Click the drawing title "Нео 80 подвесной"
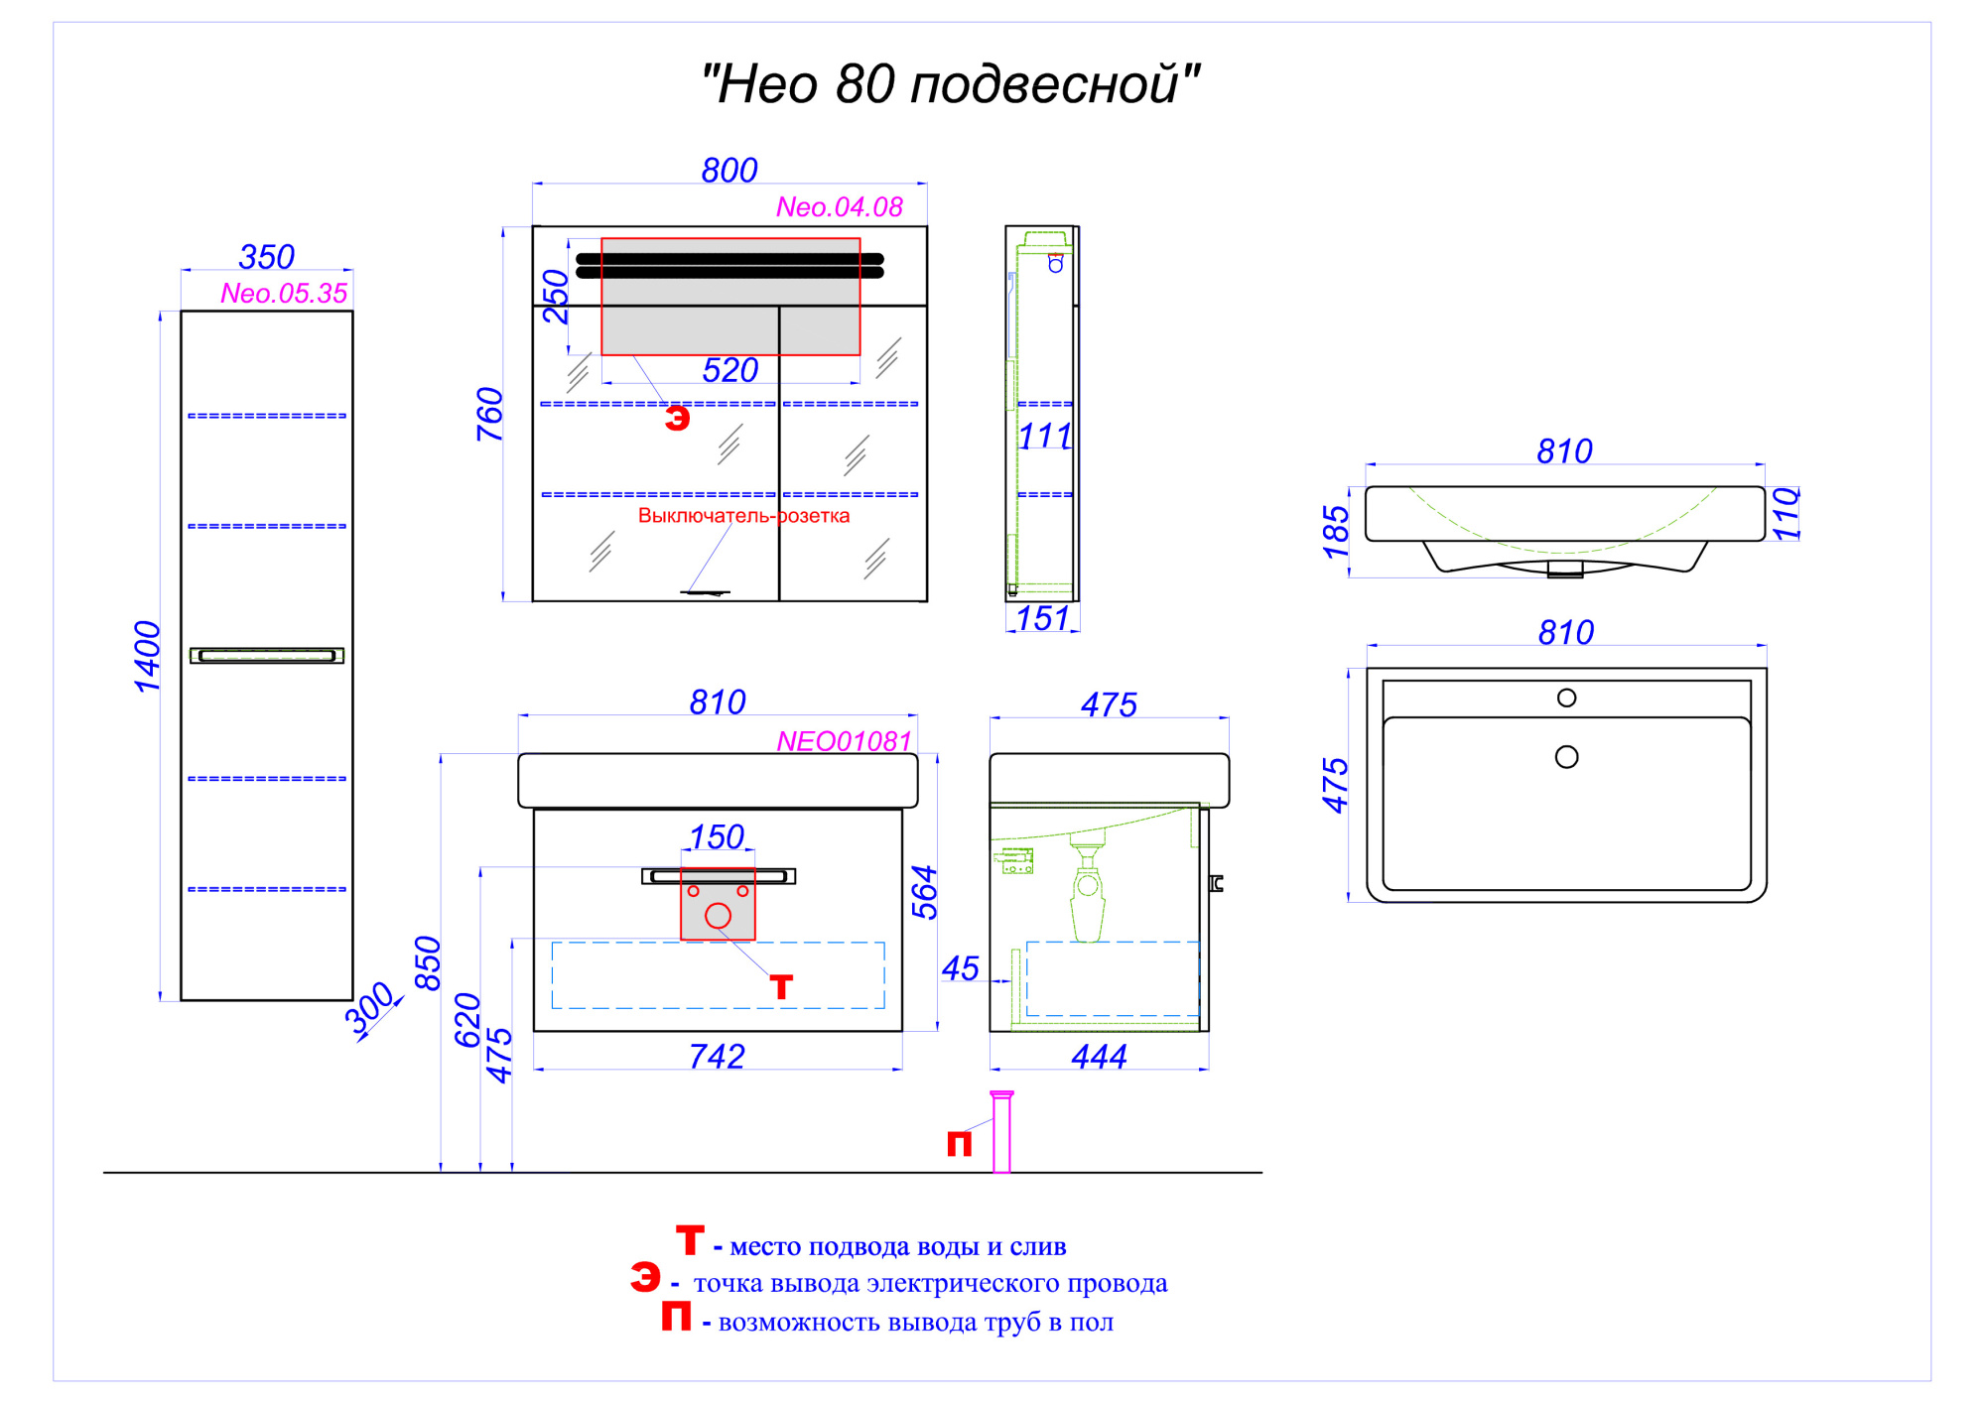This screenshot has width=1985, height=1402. (950, 84)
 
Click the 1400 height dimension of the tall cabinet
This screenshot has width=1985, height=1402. (147, 656)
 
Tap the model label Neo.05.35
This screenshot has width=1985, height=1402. (284, 294)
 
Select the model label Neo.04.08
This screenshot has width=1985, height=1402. (840, 207)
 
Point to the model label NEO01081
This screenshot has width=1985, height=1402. (844, 741)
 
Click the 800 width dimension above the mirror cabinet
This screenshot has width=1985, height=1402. (729, 171)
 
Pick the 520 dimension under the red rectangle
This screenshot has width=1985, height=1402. (730, 370)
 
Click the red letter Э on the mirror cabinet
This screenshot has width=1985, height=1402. (677, 419)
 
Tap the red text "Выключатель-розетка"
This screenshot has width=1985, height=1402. (743, 516)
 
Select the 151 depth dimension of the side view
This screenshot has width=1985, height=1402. (1043, 618)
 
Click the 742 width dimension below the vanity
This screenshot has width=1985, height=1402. (717, 1057)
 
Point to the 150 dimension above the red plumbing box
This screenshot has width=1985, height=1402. (717, 837)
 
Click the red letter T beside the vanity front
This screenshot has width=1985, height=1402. (781, 987)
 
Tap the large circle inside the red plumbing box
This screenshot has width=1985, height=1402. (718, 916)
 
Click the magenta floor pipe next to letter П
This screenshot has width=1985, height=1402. (1001, 1132)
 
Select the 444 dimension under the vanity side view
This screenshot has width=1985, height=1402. (1099, 1057)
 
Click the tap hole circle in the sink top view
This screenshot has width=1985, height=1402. (1567, 698)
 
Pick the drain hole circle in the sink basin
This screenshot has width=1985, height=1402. (1567, 757)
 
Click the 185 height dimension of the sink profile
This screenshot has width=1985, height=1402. (1336, 531)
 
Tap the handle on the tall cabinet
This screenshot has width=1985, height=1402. (267, 656)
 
